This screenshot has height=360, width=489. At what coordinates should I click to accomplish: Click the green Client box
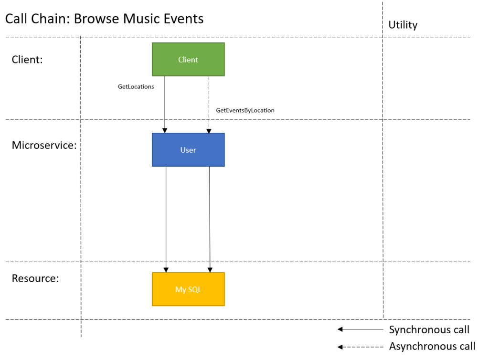(x=188, y=59)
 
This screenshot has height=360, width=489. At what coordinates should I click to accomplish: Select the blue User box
(x=188, y=149)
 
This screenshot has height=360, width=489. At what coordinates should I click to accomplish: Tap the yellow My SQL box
(x=188, y=289)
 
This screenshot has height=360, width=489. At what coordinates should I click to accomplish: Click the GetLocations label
(x=136, y=86)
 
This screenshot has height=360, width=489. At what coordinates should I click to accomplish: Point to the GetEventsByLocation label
(x=245, y=110)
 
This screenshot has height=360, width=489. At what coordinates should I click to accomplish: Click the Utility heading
(x=403, y=25)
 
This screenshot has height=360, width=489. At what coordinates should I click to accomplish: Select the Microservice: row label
(x=44, y=145)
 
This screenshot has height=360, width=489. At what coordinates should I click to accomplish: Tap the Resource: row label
(x=35, y=278)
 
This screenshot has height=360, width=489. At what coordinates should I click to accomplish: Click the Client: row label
(x=27, y=60)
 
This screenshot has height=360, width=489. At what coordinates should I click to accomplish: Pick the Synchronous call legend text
(x=429, y=330)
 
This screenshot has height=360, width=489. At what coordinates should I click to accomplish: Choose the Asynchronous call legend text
(x=432, y=346)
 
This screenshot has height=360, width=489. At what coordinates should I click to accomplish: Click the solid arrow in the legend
(x=360, y=329)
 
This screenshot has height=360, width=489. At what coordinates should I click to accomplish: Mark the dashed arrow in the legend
(x=360, y=347)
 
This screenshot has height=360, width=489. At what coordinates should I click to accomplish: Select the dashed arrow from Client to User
(x=209, y=105)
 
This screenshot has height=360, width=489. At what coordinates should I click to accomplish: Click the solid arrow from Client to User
(x=165, y=105)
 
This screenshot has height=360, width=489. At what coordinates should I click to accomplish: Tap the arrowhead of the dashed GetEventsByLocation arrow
(x=209, y=131)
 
